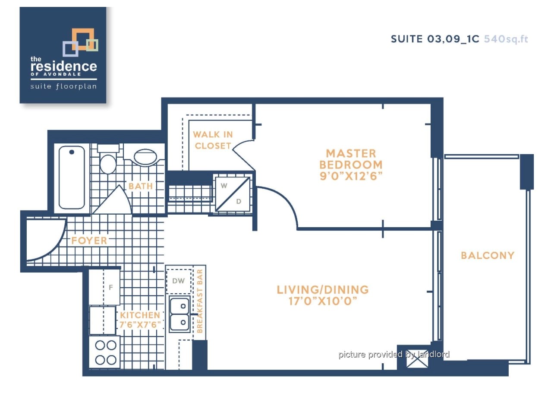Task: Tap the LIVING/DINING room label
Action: (x=323, y=290)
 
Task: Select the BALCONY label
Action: (x=488, y=255)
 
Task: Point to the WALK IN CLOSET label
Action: (x=213, y=140)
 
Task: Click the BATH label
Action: (x=141, y=186)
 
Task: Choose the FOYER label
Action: (x=89, y=241)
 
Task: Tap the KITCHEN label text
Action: (x=140, y=315)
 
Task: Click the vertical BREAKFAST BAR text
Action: (x=200, y=301)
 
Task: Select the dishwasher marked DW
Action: (x=179, y=281)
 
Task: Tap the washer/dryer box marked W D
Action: (x=232, y=194)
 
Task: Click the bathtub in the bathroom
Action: (x=72, y=177)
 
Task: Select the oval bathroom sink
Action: (x=145, y=157)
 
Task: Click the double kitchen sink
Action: (x=180, y=314)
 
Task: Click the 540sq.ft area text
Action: (x=506, y=39)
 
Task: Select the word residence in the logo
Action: (x=63, y=66)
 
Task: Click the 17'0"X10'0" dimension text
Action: (x=323, y=301)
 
